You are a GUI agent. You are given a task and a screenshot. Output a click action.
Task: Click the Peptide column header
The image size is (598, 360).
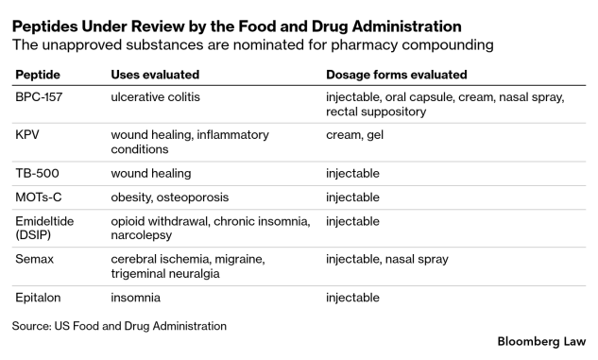[x=38, y=75]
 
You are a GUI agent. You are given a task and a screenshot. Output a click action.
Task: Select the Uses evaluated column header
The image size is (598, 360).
[x=155, y=75]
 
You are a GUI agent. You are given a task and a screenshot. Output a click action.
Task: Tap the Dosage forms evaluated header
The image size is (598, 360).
[x=396, y=75]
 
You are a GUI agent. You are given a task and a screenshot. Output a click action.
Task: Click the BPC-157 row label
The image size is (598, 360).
[x=39, y=97]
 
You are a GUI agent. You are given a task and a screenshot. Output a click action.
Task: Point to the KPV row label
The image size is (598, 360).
[x=27, y=134]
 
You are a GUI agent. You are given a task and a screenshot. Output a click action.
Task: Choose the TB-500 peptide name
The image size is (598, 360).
[x=37, y=173]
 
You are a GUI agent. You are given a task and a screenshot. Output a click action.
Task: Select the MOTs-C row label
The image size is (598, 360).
[x=38, y=197]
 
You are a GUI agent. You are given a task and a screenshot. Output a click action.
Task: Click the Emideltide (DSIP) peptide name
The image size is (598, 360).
[x=44, y=228]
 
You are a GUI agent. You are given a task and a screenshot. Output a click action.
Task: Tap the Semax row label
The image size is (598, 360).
[x=34, y=259]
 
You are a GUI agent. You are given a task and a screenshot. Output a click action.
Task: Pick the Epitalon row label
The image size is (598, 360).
[x=38, y=298]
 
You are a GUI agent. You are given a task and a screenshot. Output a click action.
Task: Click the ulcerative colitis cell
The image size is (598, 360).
[x=155, y=97]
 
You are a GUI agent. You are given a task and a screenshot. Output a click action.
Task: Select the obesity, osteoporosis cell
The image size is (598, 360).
[x=170, y=197]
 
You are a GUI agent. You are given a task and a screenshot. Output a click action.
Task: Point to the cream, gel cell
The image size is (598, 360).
[x=354, y=134]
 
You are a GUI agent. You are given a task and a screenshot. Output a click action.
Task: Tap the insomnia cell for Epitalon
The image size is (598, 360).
[x=135, y=298]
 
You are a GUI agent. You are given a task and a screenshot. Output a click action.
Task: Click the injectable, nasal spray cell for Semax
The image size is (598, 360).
[x=387, y=259]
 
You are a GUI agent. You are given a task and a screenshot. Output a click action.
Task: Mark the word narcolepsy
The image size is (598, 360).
[x=141, y=235]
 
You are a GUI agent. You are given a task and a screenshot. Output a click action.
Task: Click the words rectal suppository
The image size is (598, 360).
[x=376, y=111]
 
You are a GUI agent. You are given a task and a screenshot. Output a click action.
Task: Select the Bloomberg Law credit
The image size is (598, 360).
[x=541, y=341]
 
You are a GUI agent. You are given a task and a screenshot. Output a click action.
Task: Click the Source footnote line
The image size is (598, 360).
[x=119, y=326]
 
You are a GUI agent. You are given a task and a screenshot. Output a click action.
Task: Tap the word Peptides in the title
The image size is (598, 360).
[x=45, y=26]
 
